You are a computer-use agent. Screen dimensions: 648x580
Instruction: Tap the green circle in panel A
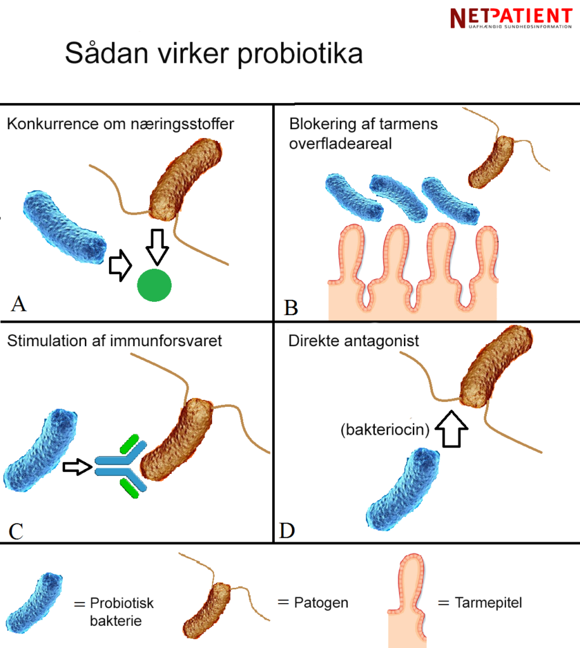point(154,285)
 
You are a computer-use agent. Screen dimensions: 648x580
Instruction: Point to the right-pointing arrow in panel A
point(120,266)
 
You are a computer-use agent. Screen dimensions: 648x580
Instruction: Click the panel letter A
point(20,304)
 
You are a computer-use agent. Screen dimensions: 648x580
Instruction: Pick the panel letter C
point(18,530)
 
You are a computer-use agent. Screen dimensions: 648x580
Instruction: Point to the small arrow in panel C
point(77,468)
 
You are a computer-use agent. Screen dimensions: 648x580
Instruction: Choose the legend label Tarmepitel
point(488,602)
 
